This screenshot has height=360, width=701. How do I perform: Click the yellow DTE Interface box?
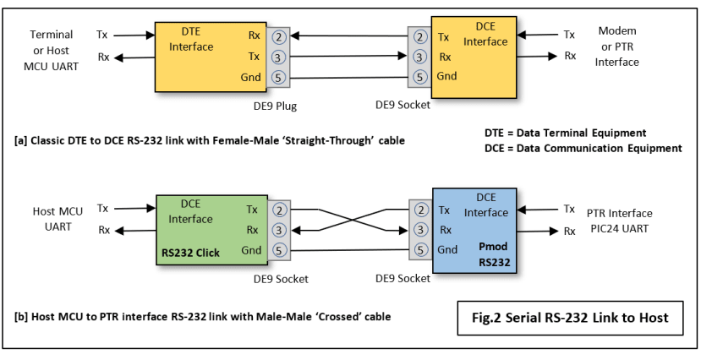(208, 56)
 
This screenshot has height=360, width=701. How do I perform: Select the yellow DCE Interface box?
(477, 56)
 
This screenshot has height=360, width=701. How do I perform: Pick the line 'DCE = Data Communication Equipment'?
(578, 148)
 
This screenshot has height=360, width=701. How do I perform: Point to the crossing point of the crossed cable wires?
(347, 219)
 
